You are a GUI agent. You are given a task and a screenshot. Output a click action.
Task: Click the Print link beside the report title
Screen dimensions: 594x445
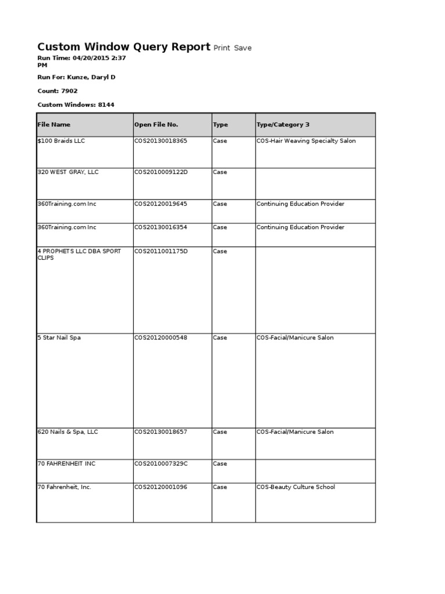pos(222,48)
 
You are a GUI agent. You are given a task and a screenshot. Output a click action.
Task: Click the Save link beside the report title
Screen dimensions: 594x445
pos(243,48)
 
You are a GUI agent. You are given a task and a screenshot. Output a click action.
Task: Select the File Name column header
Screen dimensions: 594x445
pos(54,125)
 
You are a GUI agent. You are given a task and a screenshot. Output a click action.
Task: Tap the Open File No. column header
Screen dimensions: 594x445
pos(156,125)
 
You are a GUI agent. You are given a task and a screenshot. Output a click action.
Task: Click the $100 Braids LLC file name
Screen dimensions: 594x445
pos(61,141)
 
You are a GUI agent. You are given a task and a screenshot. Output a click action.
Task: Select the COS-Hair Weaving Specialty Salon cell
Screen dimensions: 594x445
pos(306,141)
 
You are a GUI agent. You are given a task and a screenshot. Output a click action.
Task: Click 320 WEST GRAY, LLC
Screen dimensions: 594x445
pos(68,172)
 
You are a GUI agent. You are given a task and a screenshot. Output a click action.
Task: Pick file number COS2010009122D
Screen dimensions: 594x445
pos(161,172)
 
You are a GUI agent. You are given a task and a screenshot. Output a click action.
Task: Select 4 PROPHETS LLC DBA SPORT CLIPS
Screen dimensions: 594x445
pos(79,254)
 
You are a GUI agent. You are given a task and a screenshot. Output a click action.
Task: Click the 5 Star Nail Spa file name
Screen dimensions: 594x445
pos(59,338)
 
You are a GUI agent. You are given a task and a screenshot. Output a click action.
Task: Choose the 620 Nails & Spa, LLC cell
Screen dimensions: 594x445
pos(68,432)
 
